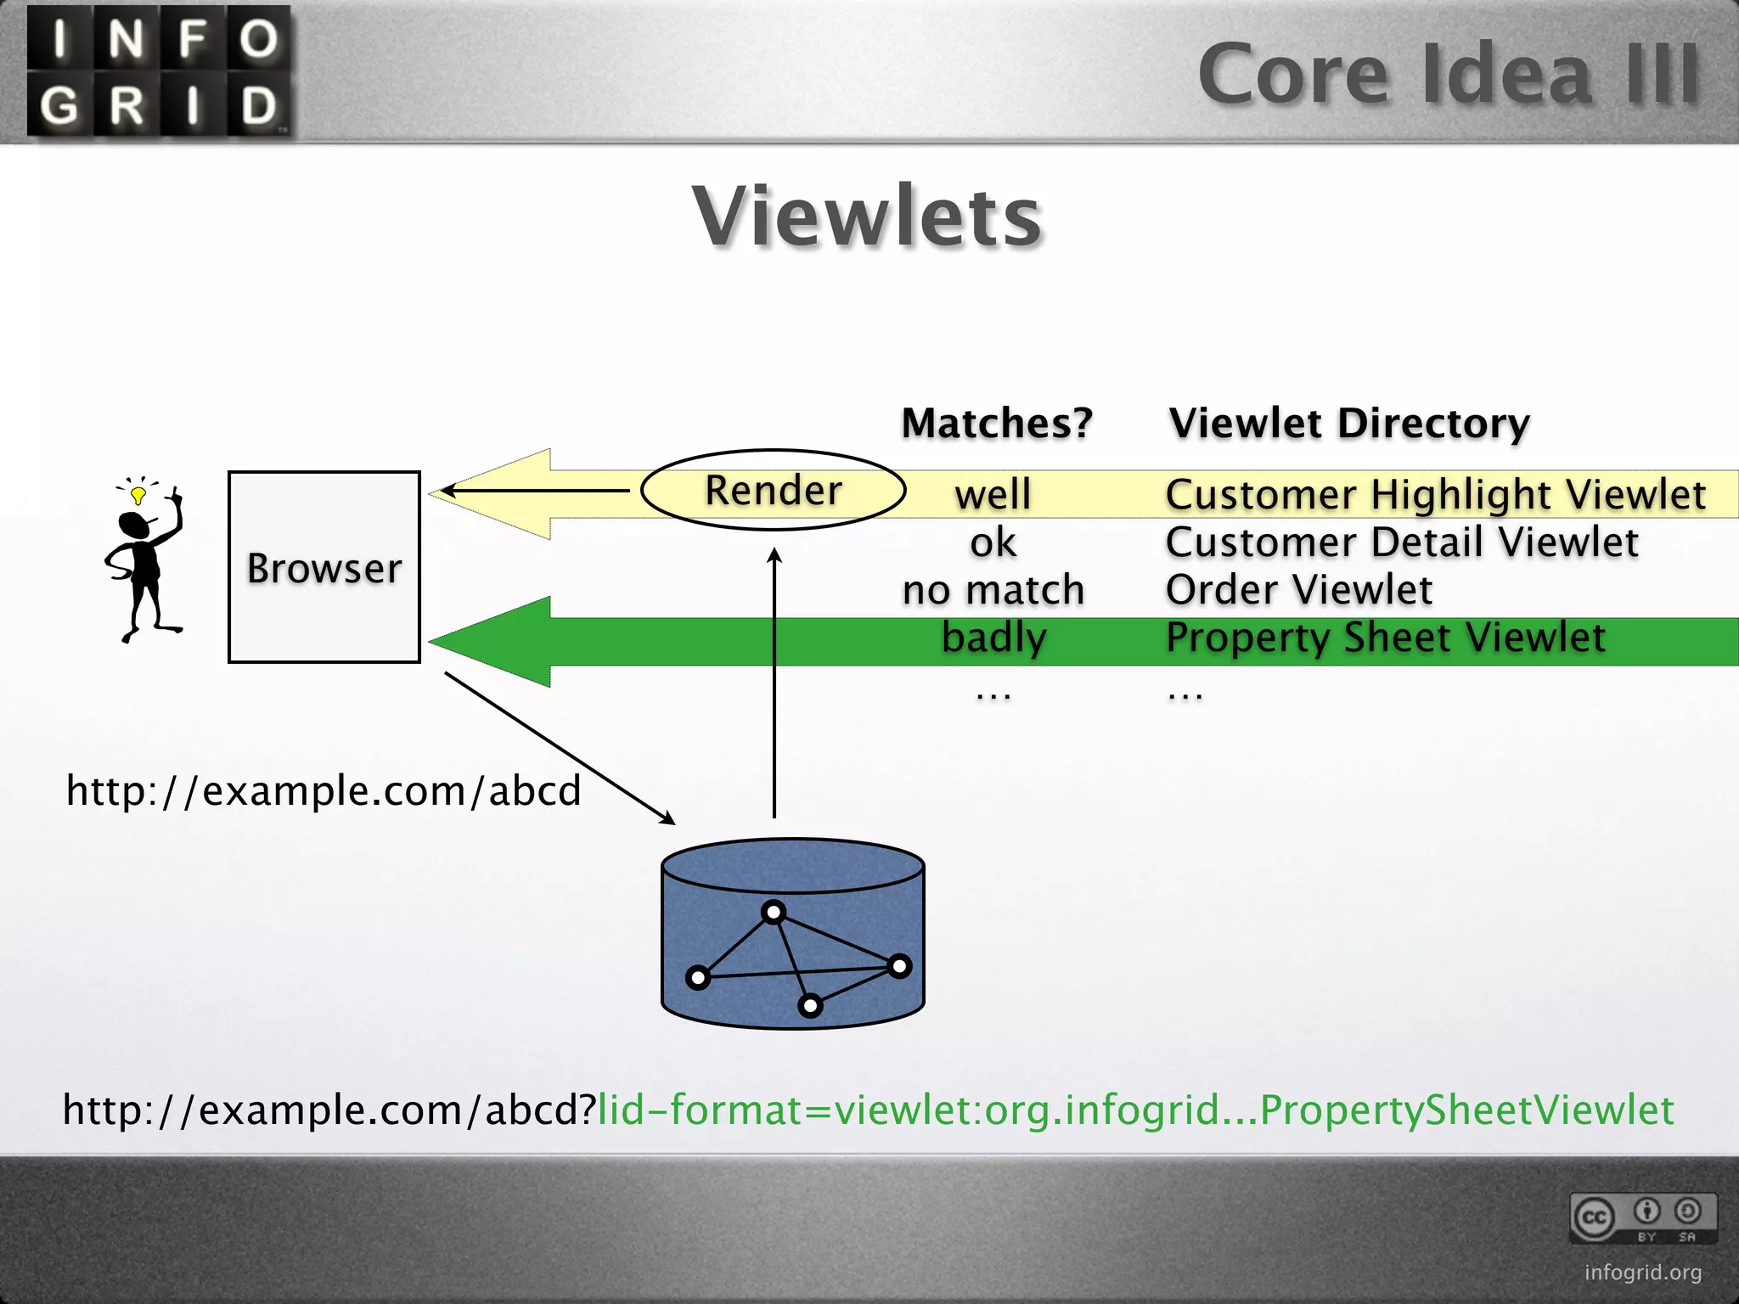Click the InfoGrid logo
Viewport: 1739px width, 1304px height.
click(x=160, y=71)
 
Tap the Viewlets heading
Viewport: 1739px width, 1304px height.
click(x=867, y=217)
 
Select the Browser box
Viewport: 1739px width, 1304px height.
click(x=324, y=567)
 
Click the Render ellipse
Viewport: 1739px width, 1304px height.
click(x=773, y=490)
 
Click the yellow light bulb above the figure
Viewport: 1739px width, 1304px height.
click(x=138, y=494)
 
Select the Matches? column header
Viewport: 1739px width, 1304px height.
click(x=996, y=423)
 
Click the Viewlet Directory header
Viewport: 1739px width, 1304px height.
click(x=1348, y=423)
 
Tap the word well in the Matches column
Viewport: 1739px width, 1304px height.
click(x=993, y=494)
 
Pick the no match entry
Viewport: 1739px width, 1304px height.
click(x=993, y=589)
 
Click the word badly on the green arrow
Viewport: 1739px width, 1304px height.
click(x=993, y=638)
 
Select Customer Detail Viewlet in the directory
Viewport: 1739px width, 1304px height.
click(x=1401, y=542)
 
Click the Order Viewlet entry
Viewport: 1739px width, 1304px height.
click(x=1298, y=589)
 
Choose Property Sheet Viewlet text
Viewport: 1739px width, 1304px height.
click(x=1385, y=638)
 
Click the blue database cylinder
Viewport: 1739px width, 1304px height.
click(x=792, y=934)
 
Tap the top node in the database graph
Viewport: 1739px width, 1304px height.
click(x=773, y=913)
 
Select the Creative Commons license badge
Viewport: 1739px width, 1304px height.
click(x=1642, y=1218)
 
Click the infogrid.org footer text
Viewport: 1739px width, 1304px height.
click(x=1642, y=1272)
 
